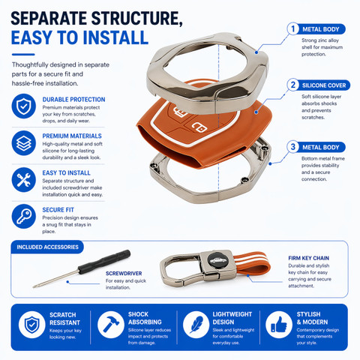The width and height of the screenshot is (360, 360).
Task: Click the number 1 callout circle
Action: click(x=293, y=29)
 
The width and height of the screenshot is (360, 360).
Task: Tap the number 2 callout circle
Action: click(x=293, y=85)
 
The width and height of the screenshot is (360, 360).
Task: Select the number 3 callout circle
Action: click(x=293, y=147)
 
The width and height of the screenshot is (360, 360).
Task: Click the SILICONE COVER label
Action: click(x=324, y=85)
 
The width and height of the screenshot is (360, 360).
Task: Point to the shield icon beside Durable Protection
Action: click(x=24, y=106)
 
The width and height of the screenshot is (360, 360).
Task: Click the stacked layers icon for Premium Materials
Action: click(x=24, y=143)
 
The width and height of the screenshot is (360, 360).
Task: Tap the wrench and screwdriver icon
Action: click(x=24, y=180)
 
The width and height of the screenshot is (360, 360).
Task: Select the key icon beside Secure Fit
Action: click(x=24, y=217)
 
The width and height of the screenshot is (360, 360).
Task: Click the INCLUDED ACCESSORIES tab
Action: click(x=47, y=247)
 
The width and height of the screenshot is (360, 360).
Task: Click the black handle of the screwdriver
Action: click(x=104, y=262)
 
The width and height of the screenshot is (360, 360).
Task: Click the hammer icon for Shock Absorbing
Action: click(x=110, y=325)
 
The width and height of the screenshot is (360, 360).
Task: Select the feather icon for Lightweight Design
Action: click(x=196, y=325)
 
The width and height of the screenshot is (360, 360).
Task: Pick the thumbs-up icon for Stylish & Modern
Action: click(x=279, y=325)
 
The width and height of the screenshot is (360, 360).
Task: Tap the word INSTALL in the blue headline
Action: click(x=115, y=37)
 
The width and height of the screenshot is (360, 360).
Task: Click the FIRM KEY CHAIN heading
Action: click(x=308, y=258)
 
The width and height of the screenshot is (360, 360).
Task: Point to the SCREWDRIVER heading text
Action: click(x=124, y=273)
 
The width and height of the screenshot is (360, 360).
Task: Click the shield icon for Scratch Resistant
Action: click(x=31, y=325)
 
